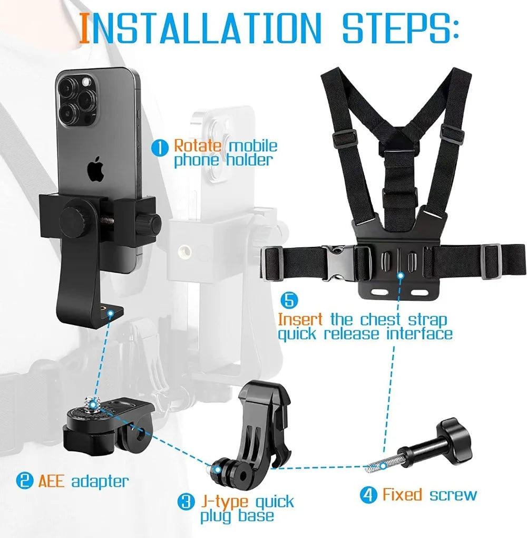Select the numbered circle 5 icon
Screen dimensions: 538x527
289,301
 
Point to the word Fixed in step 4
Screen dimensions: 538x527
402,495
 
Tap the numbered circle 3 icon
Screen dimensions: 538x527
186,502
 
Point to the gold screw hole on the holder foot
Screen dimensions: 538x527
110,313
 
